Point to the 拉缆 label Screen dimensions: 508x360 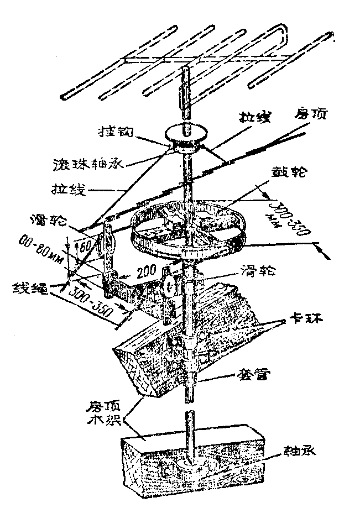252,117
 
